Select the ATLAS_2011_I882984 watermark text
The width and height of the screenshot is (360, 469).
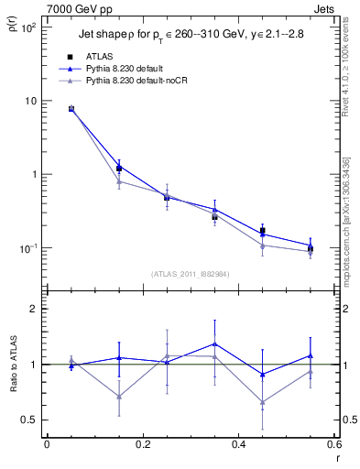(190, 273)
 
